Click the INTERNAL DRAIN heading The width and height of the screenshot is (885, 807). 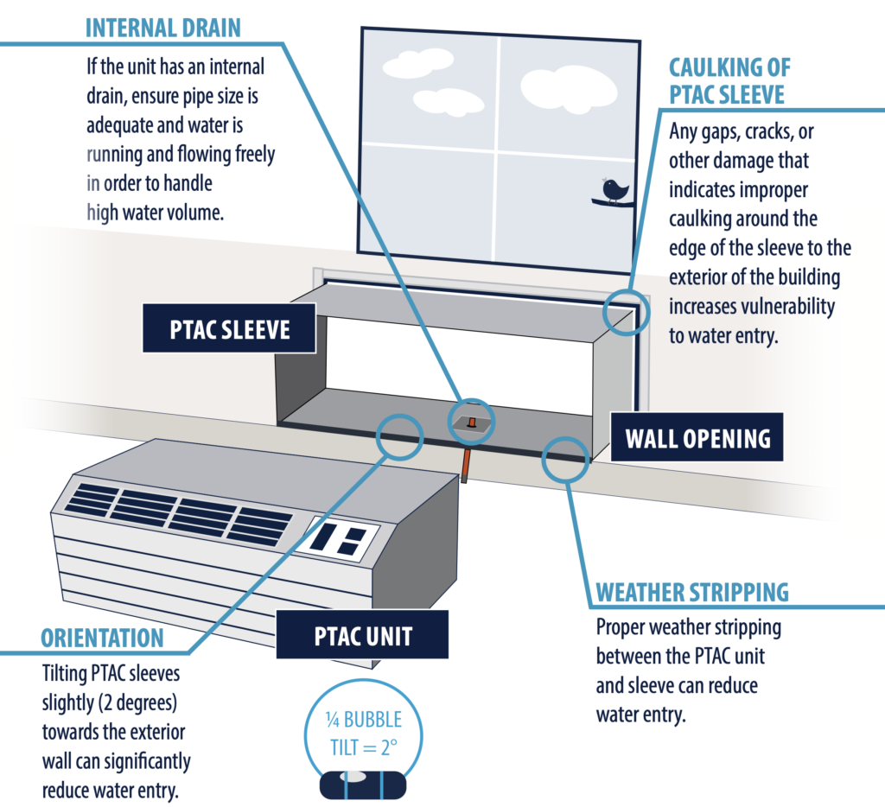tap(163, 27)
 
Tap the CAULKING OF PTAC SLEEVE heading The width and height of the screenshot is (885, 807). tap(730, 79)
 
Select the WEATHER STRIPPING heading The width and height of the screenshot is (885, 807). tap(692, 593)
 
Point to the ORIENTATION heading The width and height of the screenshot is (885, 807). tap(102, 639)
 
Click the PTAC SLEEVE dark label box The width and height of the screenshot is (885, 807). tap(229, 329)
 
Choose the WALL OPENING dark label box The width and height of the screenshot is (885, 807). tap(697, 438)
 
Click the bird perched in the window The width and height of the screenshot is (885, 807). tap(615, 190)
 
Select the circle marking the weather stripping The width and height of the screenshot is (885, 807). tap(567, 458)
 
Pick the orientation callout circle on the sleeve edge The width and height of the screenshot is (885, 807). tap(398, 435)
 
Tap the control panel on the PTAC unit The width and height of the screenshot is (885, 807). tap(338, 538)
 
